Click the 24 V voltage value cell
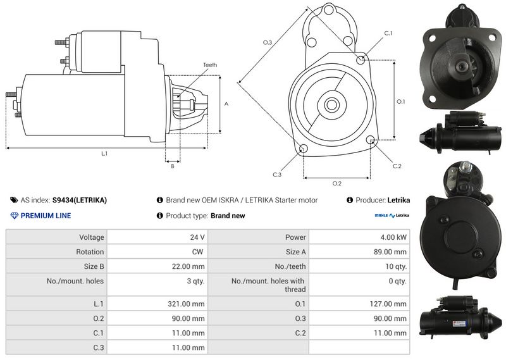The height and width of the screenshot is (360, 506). tap(197, 237)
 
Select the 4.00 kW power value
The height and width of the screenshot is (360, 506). tap(393, 237)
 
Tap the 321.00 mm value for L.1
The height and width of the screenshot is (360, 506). tap(186, 304)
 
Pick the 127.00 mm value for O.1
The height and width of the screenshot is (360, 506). tap(388, 304)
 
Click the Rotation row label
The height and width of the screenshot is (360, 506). tap(90, 252)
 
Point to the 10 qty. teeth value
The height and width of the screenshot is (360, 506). tap(396, 266)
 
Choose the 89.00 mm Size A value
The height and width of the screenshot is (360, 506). tap(390, 252)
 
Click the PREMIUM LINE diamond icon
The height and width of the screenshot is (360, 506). tap(15, 216)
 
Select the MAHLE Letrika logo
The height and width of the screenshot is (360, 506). tap(392, 215)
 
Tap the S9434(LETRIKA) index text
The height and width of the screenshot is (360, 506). tap(80, 200)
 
